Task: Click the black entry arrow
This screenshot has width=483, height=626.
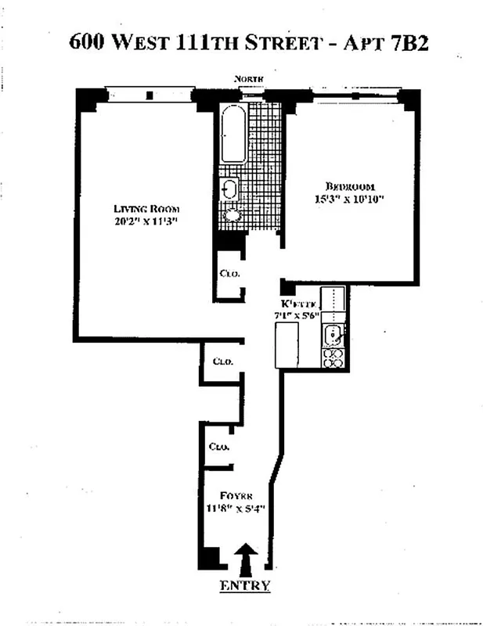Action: click(x=245, y=559)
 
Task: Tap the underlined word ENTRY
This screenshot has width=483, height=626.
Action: click(x=245, y=586)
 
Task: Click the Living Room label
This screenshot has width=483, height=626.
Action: click(x=147, y=208)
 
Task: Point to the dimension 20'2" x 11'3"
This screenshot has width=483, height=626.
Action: click(x=147, y=221)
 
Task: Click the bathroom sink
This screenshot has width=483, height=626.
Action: click(x=229, y=189)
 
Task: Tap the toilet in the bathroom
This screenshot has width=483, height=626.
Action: click(x=232, y=214)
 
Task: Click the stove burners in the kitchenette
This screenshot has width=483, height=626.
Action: click(x=333, y=358)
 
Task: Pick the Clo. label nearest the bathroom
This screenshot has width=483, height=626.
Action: click(x=229, y=273)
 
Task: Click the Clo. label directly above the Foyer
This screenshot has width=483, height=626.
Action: click(x=218, y=447)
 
